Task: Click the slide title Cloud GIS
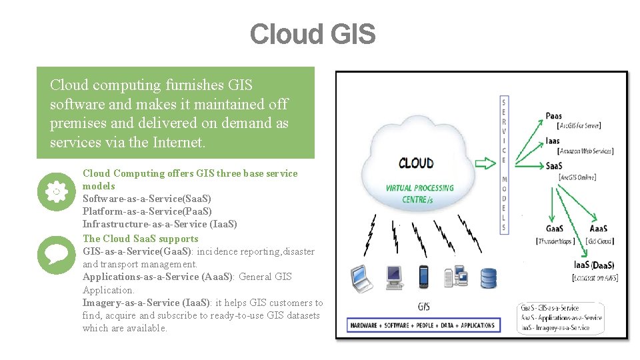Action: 313,34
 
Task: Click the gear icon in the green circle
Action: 56,191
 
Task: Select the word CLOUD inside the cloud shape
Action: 416,163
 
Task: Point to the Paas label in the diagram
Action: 553,116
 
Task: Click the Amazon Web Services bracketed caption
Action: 585,151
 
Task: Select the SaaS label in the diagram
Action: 554,165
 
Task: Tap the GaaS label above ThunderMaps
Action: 554,229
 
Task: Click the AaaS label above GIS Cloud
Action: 597,229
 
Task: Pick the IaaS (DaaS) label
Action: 594,265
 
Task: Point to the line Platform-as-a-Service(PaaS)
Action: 147,211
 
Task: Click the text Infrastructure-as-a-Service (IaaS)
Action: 160,224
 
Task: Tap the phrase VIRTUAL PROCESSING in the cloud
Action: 419,188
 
